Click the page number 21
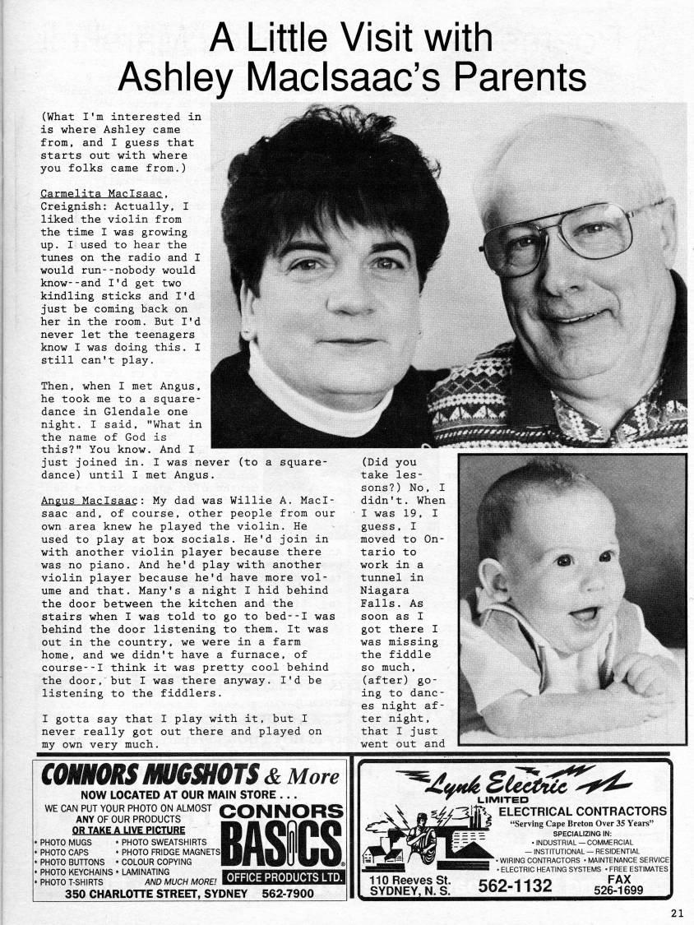676,910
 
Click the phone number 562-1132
515,886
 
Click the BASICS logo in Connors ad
281,843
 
